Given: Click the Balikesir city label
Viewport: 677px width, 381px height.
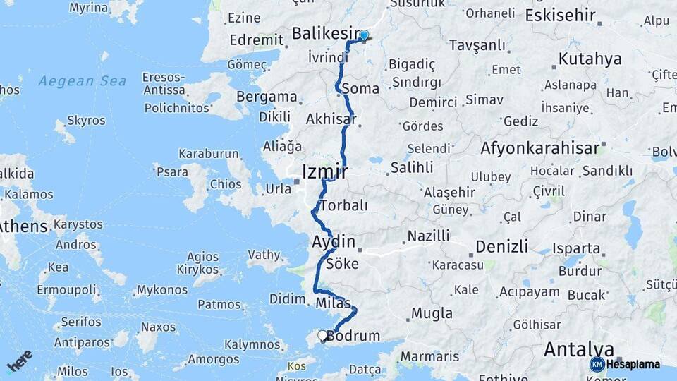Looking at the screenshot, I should pyautogui.click(x=324, y=33).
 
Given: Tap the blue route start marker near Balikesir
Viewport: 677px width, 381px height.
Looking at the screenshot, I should pyautogui.click(x=364, y=35).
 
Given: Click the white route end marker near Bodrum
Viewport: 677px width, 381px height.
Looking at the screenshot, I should pyautogui.click(x=323, y=336).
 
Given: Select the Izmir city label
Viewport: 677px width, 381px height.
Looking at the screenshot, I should pyautogui.click(x=324, y=171).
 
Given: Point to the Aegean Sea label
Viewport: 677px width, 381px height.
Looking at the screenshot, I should pyautogui.click(x=83, y=81).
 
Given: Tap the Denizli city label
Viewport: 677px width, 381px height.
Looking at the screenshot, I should pyautogui.click(x=501, y=246).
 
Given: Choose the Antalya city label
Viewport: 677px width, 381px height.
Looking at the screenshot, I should pyautogui.click(x=578, y=349).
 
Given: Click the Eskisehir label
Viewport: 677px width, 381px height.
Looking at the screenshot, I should pyautogui.click(x=561, y=15).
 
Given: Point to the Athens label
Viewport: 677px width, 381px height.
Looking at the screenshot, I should pyautogui.click(x=24, y=226).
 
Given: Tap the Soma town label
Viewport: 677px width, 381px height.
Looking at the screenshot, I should pyautogui.click(x=361, y=89).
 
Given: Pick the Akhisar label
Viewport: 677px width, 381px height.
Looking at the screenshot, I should pyautogui.click(x=331, y=119).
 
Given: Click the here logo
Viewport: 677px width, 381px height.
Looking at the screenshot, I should pyautogui.click(x=20, y=361).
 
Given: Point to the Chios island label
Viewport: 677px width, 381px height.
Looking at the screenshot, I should pyautogui.click(x=225, y=184).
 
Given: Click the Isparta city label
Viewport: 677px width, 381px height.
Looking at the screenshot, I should pyautogui.click(x=576, y=249).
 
